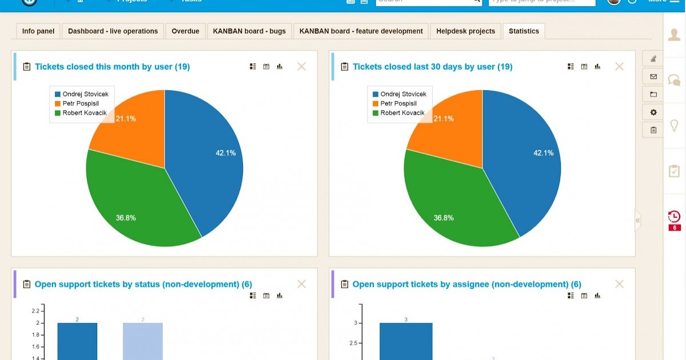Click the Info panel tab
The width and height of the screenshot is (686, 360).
[x=38, y=31]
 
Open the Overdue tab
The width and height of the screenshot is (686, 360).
[x=185, y=31]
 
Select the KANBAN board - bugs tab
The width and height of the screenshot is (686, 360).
[x=249, y=31]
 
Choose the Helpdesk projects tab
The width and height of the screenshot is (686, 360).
[x=465, y=31]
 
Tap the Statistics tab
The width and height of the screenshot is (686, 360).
[x=524, y=31]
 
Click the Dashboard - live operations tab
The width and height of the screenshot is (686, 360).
[x=113, y=31]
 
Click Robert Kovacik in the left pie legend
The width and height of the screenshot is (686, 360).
[x=85, y=113]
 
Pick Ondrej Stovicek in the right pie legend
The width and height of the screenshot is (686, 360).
[x=404, y=94]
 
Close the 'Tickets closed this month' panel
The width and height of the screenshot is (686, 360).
[x=301, y=66]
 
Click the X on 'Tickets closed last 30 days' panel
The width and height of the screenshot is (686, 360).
[x=619, y=66]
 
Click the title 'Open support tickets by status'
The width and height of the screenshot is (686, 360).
[x=143, y=284]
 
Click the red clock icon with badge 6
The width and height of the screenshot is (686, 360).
[x=674, y=217]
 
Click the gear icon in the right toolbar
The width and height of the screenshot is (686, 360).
[x=653, y=113]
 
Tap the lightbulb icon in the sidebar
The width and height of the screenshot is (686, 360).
[x=674, y=125]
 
